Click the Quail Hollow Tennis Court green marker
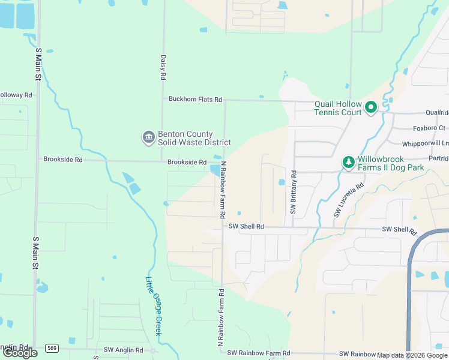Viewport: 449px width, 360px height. coord(371,107)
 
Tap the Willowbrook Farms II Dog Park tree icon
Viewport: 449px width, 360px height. coord(348,163)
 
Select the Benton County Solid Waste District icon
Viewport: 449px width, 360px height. coord(148,138)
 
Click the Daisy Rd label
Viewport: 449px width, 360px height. coord(163,68)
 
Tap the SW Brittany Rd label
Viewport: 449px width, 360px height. coord(293,197)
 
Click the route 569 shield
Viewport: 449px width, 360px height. coord(52,348)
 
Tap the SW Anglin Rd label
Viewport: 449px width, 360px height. coord(123,350)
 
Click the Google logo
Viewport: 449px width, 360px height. coord(20,353)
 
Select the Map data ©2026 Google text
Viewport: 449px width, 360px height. coord(412,355)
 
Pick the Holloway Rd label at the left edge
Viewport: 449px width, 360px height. coord(16,95)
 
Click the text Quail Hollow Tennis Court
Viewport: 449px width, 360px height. coord(338,108)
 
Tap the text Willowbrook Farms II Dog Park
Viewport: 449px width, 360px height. coord(391,163)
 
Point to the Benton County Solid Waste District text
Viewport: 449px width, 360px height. coord(194,138)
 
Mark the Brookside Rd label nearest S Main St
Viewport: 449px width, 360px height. coord(62,159)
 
